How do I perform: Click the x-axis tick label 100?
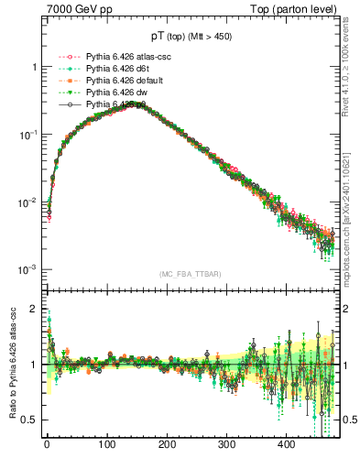tap(106, 445)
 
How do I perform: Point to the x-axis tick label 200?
tap(167, 445)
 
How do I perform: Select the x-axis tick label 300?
tap(226, 445)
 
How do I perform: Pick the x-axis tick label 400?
tap(286, 445)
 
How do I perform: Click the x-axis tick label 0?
tap(47, 445)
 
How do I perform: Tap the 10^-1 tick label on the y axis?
tap(28, 135)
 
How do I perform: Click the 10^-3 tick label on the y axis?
tap(28, 269)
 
